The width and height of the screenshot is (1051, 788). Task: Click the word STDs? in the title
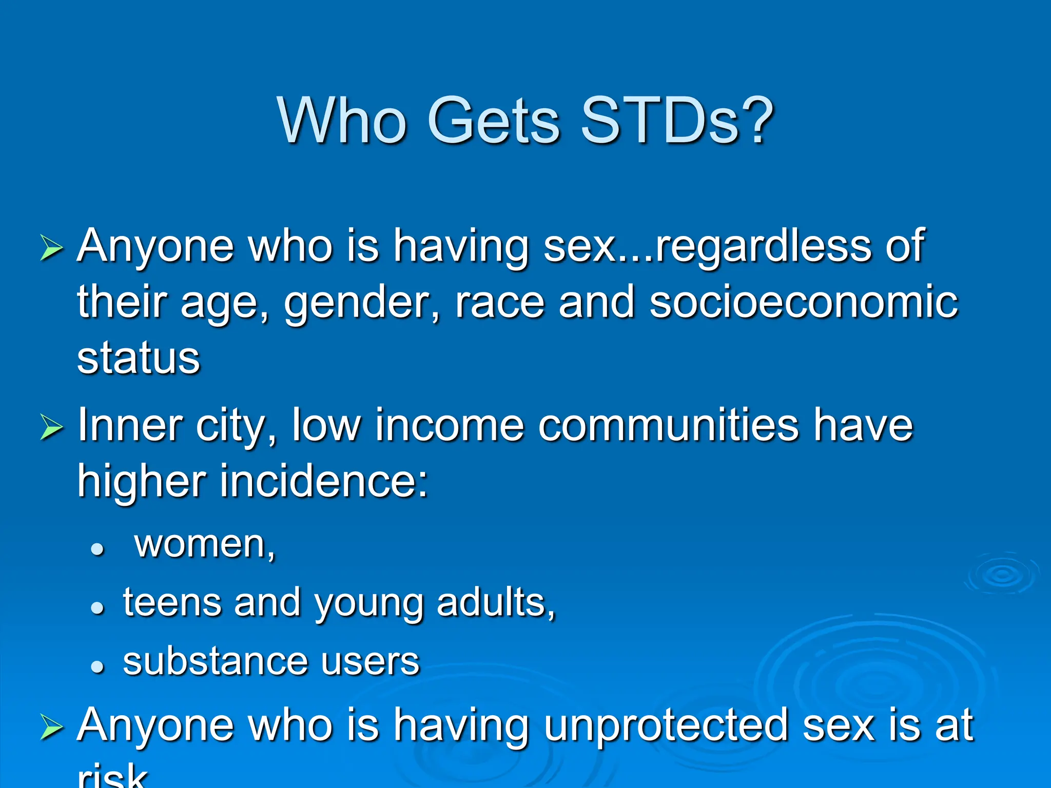(676, 121)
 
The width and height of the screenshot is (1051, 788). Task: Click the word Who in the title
(342, 121)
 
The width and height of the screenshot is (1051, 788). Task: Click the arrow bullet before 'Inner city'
(51, 427)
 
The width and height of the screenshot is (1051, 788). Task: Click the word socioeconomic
(803, 303)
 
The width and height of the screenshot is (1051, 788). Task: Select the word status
(138, 359)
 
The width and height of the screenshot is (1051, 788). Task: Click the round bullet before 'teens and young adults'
(98, 608)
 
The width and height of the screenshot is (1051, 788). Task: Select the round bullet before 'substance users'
(98, 666)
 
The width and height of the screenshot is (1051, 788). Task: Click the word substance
(215, 662)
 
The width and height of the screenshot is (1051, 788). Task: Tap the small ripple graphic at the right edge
(1002, 575)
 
